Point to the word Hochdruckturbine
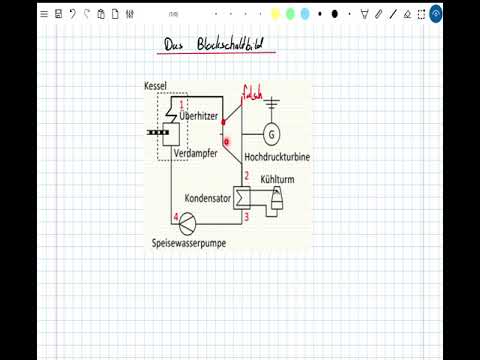pos(277,157)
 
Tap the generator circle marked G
pos(271,134)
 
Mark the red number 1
pos(182,105)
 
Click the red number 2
pos(246,177)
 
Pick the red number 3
pos(246,215)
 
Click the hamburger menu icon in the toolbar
pos(44,14)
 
